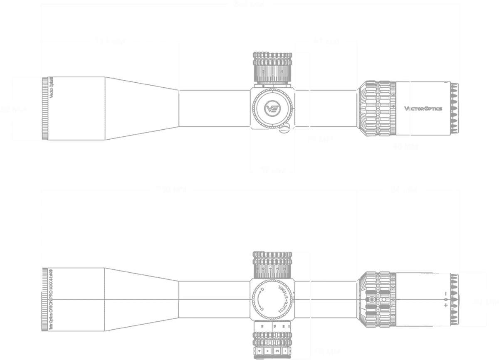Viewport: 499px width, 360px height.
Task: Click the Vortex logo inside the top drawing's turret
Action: (x=272, y=107)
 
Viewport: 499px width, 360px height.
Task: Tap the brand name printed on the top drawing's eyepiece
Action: (x=424, y=109)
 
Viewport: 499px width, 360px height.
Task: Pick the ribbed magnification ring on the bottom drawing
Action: (x=378, y=299)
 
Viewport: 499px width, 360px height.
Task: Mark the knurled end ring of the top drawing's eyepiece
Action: (x=456, y=109)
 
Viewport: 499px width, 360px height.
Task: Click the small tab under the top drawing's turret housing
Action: (x=284, y=132)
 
